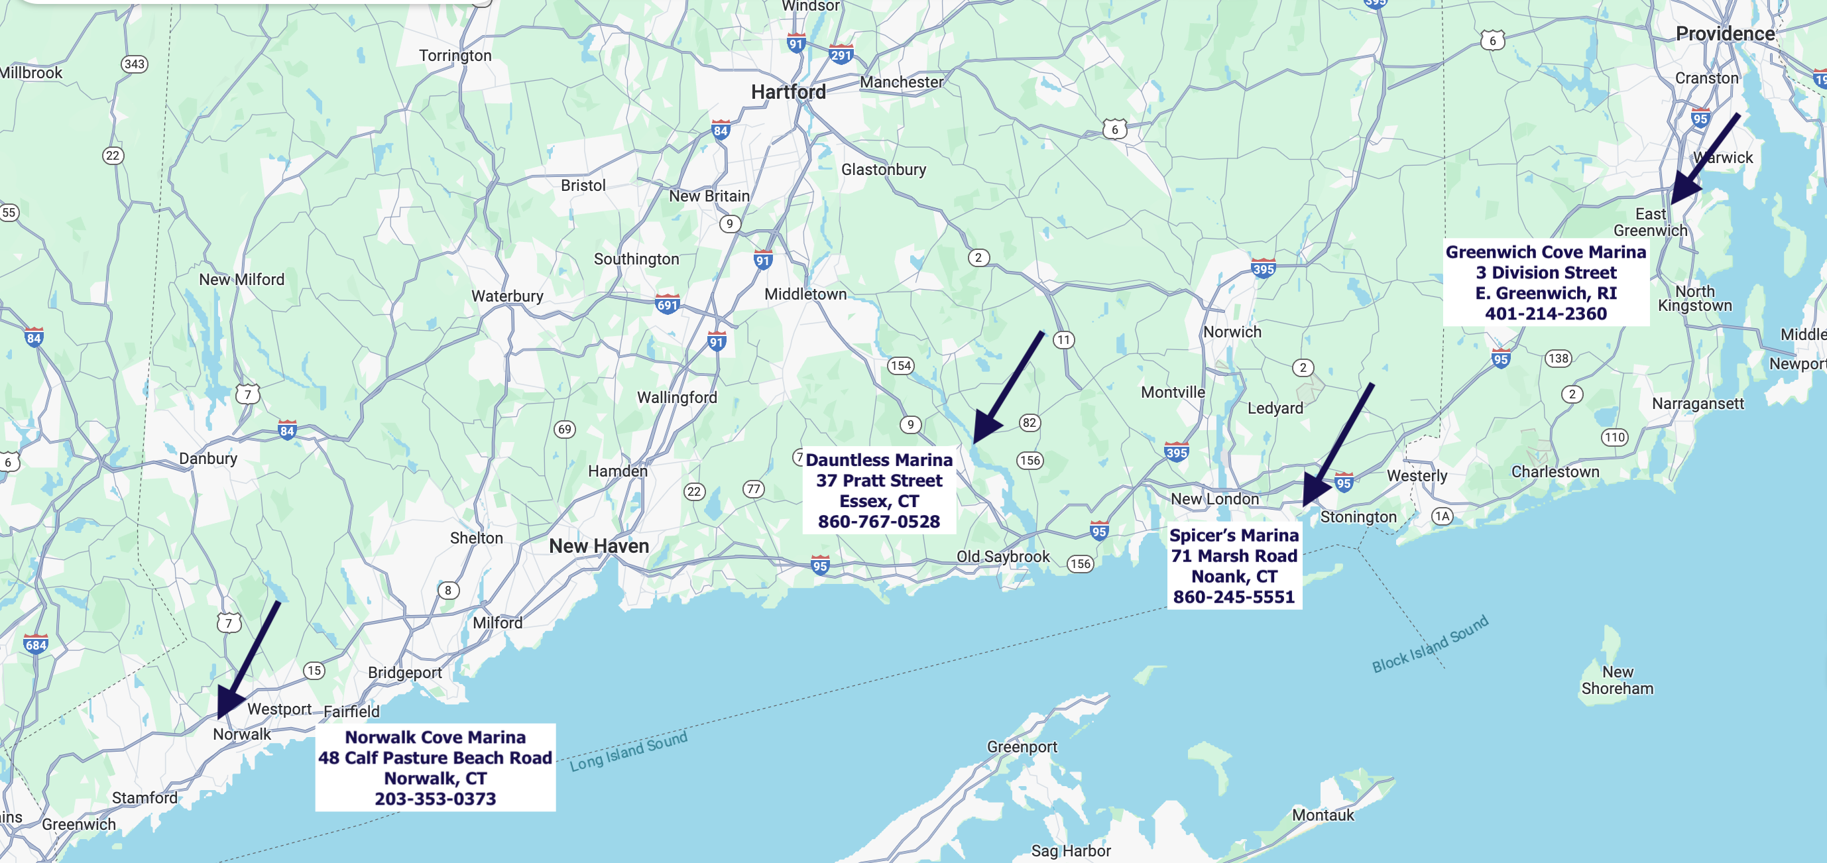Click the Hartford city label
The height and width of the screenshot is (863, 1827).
tap(788, 92)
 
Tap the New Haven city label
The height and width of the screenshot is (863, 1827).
tap(599, 546)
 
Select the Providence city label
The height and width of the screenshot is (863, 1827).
tap(1724, 34)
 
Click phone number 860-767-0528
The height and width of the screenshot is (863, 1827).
tap(879, 522)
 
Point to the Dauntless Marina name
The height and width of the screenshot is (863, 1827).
tap(879, 460)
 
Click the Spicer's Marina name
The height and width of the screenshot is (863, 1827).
tap(1234, 536)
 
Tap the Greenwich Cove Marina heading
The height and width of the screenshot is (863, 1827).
tap(1545, 253)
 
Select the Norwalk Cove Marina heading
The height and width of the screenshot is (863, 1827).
tap(435, 738)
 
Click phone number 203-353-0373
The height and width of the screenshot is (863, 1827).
tap(435, 799)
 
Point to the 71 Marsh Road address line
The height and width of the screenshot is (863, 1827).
tap(1234, 557)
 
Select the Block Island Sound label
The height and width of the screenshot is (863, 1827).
tap(1430, 644)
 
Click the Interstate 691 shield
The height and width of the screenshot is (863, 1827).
tap(667, 304)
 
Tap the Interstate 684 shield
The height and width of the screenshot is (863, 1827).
tap(35, 644)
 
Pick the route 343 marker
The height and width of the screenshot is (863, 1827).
tap(134, 64)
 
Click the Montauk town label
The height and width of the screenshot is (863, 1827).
tap(1323, 815)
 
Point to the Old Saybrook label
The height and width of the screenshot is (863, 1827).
tap(1002, 557)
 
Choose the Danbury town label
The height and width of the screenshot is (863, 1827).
tap(207, 459)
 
